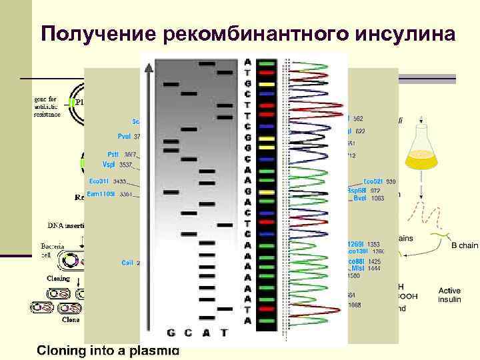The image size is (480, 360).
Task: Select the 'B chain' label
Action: (x=465, y=245)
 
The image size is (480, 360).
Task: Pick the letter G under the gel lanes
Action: (x=171, y=332)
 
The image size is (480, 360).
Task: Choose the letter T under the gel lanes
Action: (x=224, y=332)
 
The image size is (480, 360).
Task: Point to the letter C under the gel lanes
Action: (x=189, y=332)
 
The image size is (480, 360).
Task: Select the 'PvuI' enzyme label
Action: (x=124, y=136)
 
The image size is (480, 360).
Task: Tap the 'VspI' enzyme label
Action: (x=109, y=164)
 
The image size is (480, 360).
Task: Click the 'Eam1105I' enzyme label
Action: (x=101, y=194)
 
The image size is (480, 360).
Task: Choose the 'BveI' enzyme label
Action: (x=359, y=198)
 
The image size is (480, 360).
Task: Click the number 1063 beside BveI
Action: (x=378, y=198)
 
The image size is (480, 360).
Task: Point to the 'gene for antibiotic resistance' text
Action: (x=44, y=106)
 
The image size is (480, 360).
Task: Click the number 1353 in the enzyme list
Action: (x=373, y=244)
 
